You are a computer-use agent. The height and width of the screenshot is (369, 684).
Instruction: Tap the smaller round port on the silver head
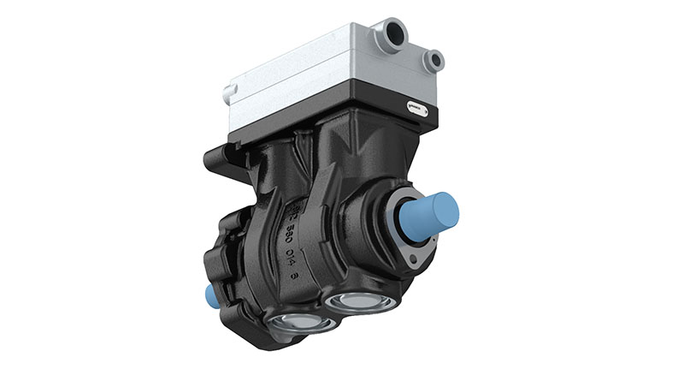(434, 60)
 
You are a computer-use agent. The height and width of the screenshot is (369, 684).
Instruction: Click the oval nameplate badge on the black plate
(417, 108)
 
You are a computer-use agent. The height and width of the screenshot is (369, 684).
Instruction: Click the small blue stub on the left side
(210, 296)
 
